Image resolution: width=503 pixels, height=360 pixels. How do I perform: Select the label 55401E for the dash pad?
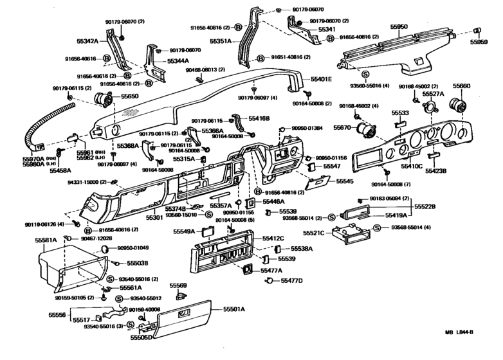[x=321, y=78]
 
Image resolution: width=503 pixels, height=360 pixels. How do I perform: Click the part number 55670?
[x=342, y=128]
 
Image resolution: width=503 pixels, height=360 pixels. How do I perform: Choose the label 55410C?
[x=412, y=166]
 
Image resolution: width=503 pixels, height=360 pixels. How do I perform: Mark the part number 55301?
[x=154, y=218]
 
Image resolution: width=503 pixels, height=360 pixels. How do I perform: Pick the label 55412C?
[x=273, y=239]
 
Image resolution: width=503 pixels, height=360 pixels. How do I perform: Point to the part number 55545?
[x=344, y=182]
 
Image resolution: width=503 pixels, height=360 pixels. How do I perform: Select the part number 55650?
[x=129, y=96]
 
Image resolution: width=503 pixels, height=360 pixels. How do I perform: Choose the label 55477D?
[x=291, y=281]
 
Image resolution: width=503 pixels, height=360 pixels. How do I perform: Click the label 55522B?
[x=425, y=206]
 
